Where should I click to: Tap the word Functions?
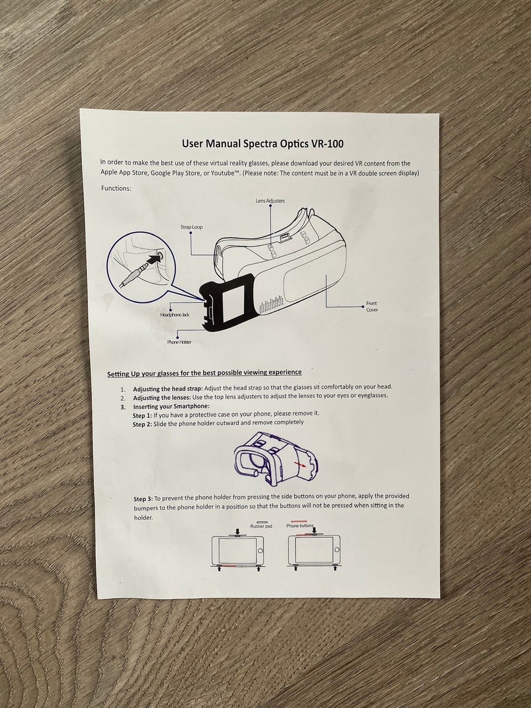tap(116, 189)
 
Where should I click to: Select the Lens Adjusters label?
tap(270, 201)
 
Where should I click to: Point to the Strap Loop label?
tap(191, 227)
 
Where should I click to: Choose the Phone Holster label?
tap(179, 342)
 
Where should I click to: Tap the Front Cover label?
tap(371, 306)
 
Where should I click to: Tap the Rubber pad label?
tap(261, 526)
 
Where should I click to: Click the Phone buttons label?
tap(300, 526)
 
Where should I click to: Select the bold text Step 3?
tap(143, 499)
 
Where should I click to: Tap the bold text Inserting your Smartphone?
tap(171, 407)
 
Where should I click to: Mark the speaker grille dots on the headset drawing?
tap(272, 305)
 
